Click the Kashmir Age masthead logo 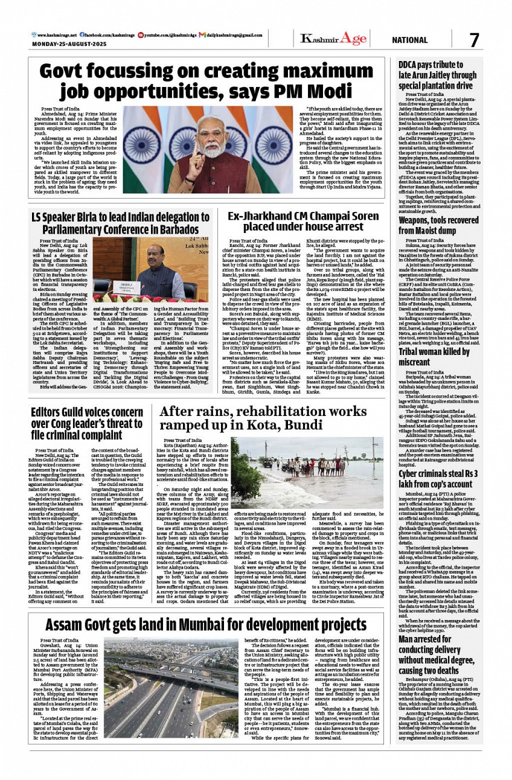[x=333, y=39]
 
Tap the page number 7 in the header [x=474, y=40]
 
